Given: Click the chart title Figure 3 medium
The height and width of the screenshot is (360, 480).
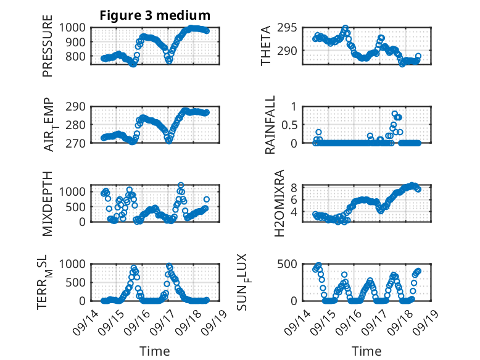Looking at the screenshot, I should click(x=155, y=15).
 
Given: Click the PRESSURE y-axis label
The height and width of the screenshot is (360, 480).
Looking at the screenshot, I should click(x=48, y=50).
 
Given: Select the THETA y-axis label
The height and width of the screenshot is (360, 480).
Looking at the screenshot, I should click(x=266, y=46).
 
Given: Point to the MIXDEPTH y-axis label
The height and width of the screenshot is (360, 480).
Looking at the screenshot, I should click(x=48, y=203).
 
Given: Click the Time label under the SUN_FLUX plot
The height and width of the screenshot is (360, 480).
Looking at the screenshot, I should click(x=367, y=351).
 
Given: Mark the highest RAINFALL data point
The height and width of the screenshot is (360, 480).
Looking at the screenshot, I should click(x=395, y=114).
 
